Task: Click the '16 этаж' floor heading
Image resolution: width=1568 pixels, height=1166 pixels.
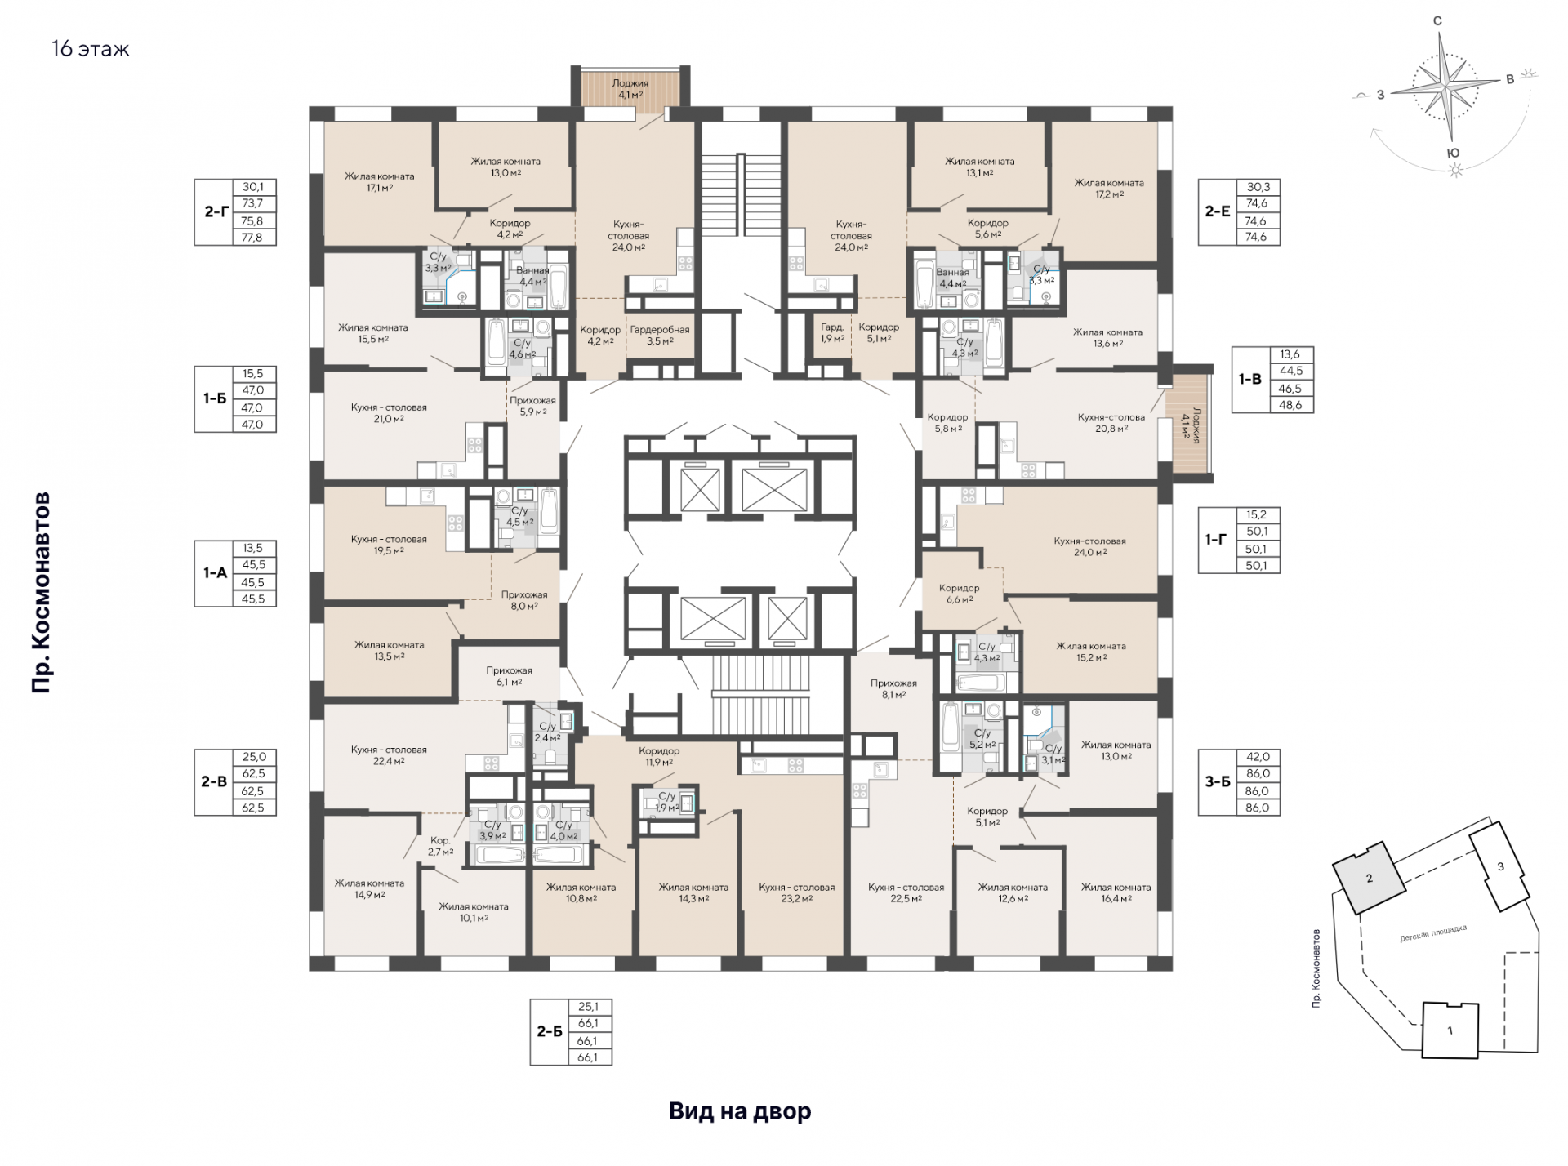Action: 91,49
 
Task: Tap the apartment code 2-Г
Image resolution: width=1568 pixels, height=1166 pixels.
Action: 216,211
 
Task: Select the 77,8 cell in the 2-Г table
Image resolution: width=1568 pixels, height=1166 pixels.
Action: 253,238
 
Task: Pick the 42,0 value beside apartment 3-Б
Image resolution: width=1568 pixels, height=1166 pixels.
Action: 1258,757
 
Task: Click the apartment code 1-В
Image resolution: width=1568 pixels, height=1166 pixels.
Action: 1250,379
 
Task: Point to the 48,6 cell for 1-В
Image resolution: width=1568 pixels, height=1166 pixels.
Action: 1290,405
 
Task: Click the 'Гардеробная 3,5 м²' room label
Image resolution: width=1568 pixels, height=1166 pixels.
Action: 660,335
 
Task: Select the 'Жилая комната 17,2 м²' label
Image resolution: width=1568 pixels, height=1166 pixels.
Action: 1109,189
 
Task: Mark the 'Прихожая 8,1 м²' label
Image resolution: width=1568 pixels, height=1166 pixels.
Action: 893,689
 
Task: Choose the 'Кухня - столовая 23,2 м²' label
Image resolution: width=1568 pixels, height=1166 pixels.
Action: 796,892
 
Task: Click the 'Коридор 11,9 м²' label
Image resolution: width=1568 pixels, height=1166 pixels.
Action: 659,756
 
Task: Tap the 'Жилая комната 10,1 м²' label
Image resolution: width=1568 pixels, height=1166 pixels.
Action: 474,912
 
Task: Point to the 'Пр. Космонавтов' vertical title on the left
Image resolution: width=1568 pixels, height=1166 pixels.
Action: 42,593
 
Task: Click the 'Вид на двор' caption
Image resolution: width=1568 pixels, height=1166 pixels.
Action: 740,1111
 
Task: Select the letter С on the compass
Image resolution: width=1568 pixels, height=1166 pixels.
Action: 1437,21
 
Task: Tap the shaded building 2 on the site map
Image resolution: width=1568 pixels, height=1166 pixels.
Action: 1369,879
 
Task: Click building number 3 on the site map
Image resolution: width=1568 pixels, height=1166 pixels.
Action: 1500,867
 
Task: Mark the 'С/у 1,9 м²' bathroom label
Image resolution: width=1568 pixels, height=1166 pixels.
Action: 667,802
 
